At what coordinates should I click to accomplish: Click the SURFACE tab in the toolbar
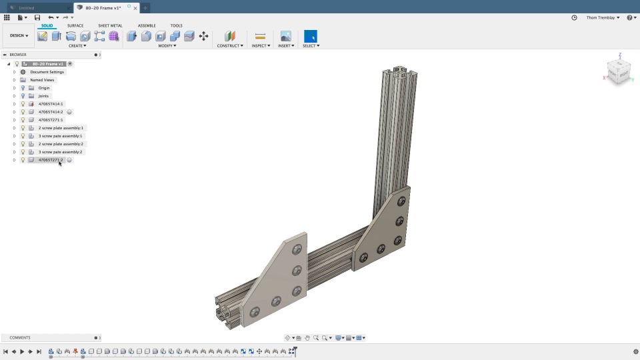pyautogui.click(x=75, y=25)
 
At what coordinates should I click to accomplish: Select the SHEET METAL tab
pyautogui.click(x=110, y=25)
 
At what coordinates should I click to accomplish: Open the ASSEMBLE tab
pyautogui.click(x=147, y=25)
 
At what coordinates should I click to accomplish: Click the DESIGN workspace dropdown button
pyautogui.click(x=19, y=35)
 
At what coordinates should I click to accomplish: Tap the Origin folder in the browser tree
pyautogui.click(x=44, y=88)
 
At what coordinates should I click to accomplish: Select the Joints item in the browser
pyautogui.click(x=43, y=96)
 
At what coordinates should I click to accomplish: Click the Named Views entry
pyautogui.click(x=42, y=80)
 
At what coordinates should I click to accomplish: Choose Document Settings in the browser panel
pyautogui.click(x=47, y=72)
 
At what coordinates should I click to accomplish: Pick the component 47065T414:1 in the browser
pyautogui.click(x=51, y=104)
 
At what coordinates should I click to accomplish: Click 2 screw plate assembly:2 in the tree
pyautogui.click(x=61, y=144)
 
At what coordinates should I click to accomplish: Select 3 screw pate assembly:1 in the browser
pyautogui.click(x=60, y=136)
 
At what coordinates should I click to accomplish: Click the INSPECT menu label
pyautogui.click(x=260, y=46)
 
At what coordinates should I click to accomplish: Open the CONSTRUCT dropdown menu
pyautogui.click(x=230, y=46)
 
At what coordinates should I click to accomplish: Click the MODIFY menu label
pyautogui.click(x=167, y=46)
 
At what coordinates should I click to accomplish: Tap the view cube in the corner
pyautogui.click(x=618, y=72)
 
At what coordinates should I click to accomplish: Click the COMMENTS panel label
pyautogui.click(x=20, y=338)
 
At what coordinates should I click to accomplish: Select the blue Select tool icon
pyautogui.click(x=310, y=36)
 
